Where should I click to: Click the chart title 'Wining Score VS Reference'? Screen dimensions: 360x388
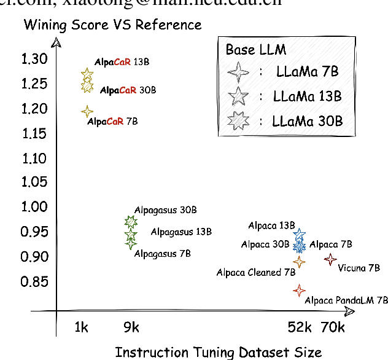coord(112,25)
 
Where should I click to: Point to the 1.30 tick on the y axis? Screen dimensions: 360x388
coord(34,59)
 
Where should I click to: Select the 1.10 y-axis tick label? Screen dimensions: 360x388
coord(34,158)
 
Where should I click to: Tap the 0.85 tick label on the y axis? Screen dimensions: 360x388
coord(34,282)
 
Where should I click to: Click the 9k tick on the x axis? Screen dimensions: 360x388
coord(131,328)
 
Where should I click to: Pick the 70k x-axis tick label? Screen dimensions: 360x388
coord(333,328)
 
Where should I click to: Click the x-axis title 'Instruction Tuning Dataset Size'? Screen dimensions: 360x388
coord(218,352)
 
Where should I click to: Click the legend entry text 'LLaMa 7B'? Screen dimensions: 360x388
coord(307,72)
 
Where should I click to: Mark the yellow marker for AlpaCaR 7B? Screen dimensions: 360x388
coord(87,112)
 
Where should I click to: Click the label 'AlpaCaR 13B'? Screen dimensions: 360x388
coord(122,63)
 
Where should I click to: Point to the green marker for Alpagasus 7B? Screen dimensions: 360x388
coord(131,244)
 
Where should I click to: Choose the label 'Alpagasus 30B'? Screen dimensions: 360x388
coord(166,210)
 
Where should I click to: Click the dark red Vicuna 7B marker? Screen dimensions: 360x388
coord(330,260)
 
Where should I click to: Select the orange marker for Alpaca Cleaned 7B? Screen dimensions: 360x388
coord(299,262)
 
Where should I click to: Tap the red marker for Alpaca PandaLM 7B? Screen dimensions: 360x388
coord(299,290)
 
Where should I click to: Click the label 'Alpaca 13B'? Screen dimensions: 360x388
coord(271,225)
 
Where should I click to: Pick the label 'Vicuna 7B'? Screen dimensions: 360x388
coord(359,268)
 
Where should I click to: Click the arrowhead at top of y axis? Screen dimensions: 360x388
coord(56,42)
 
